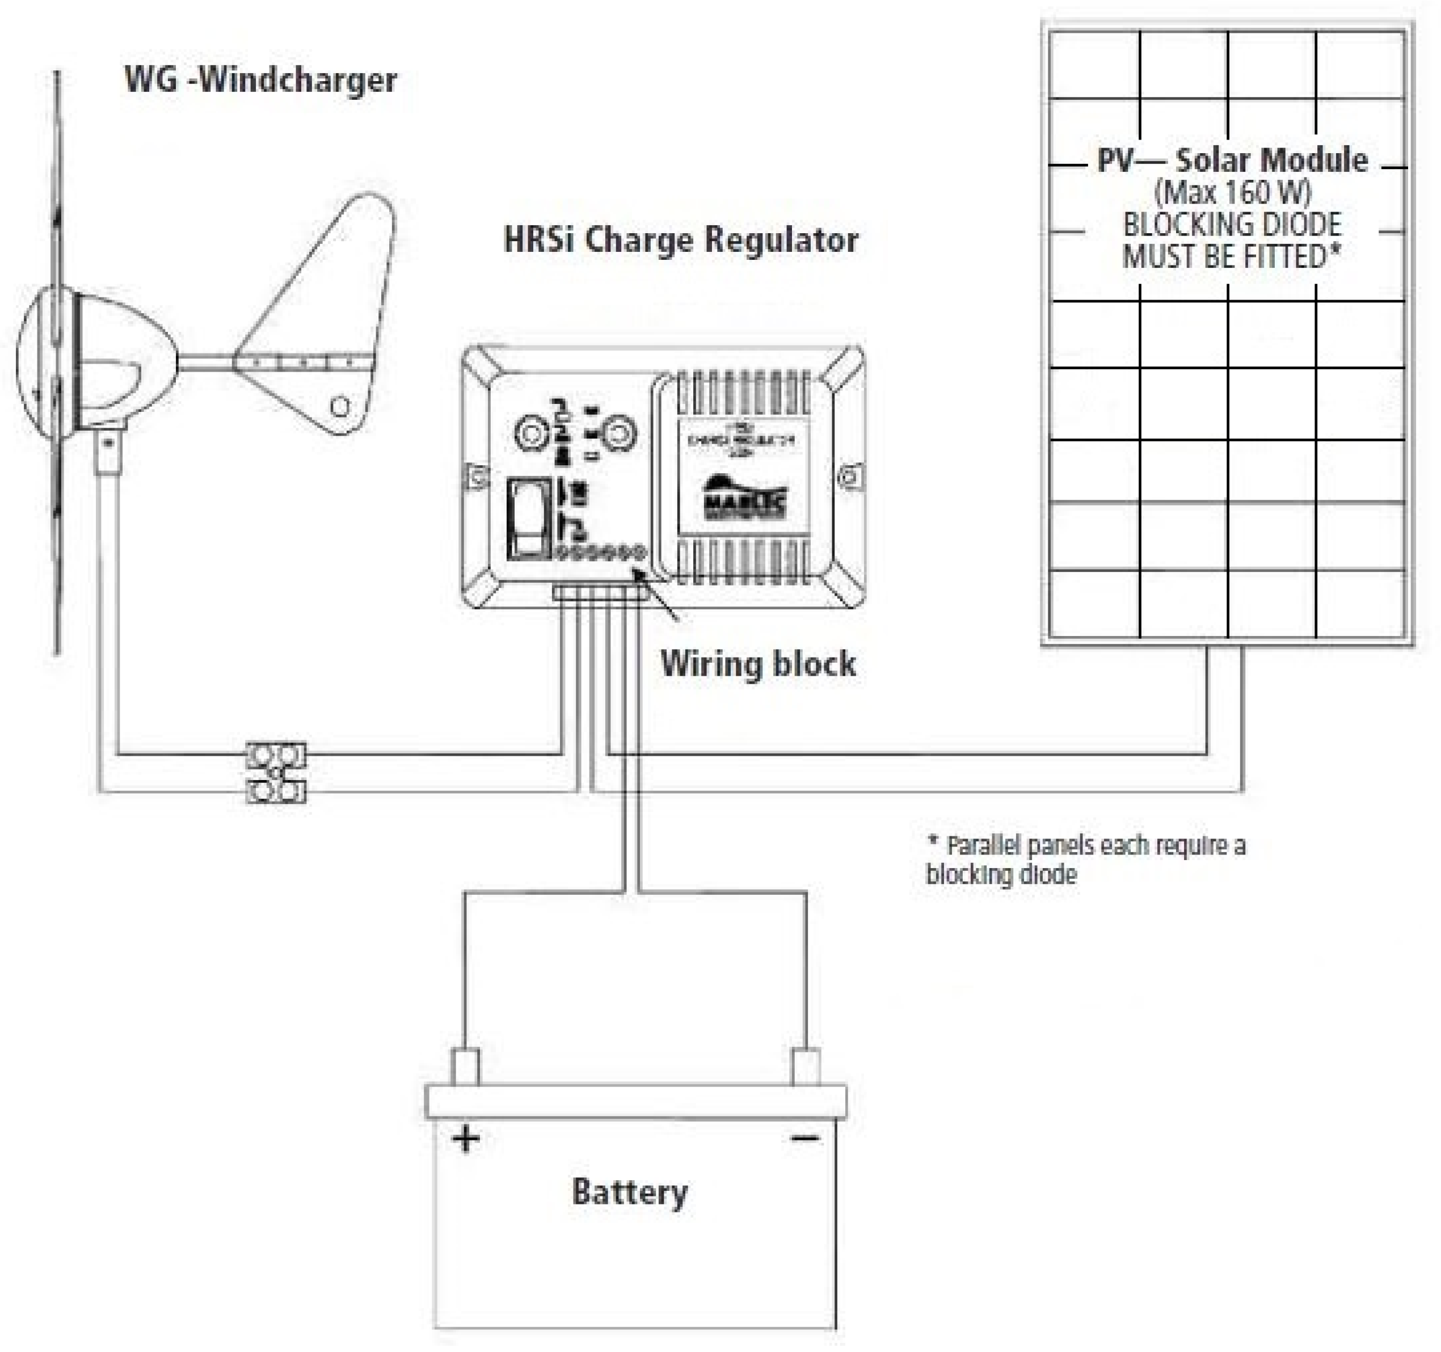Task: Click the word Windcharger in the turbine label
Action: pyautogui.click(x=298, y=80)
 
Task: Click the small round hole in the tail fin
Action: pyautogui.click(x=340, y=406)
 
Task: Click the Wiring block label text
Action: pyautogui.click(x=757, y=664)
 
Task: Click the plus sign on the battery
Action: pyautogui.click(x=465, y=1138)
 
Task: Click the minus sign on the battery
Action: pyautogui.click(x=804, y=1138)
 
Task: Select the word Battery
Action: pyautogui.click(x=629, y=1193)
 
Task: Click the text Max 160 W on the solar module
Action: pyautogui.click(x=1232, y=193)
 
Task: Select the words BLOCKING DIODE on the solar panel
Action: pyautogui.click(x=1232, y=225)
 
